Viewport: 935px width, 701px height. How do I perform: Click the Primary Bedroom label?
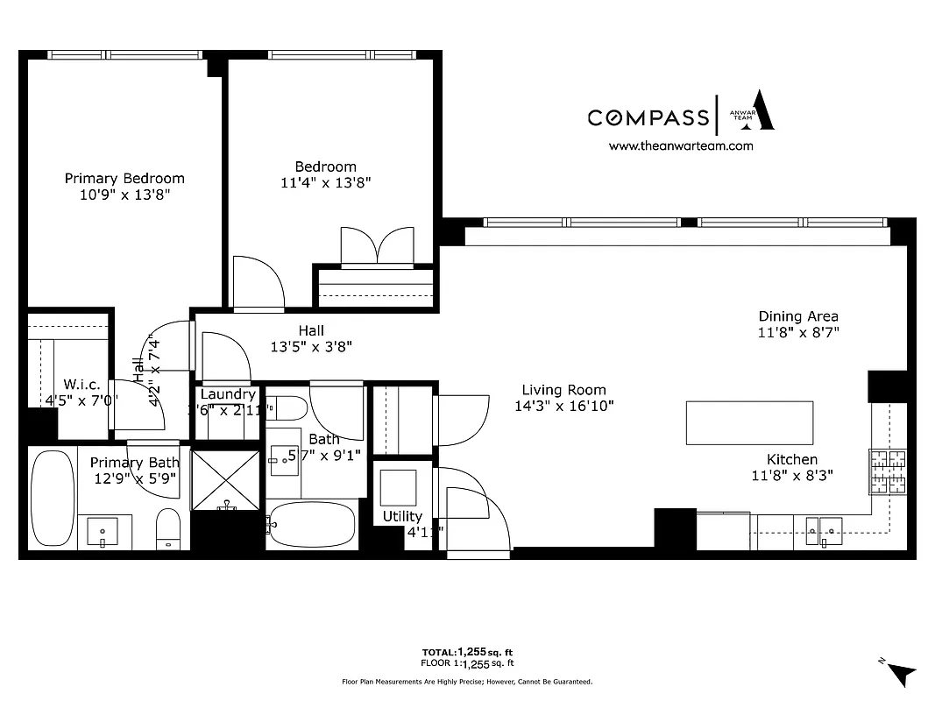click(124, 178)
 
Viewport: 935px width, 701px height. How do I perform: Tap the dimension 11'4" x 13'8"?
click(325, 183)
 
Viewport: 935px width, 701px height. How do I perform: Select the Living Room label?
click(563, 390)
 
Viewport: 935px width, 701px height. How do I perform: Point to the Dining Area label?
click(797, 316)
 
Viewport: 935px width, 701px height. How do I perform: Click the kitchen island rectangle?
click(748, 422)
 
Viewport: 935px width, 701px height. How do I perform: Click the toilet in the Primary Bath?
click(167, 529)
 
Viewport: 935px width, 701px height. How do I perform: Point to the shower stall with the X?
click(225, 481)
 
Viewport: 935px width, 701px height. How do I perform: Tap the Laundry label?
click(228, 394)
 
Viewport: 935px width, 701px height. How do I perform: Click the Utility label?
click(402, 516)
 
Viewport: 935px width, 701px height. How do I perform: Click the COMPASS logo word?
click(648, 117)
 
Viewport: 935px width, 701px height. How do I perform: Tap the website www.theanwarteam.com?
click(680, 146)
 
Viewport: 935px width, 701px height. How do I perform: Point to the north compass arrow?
click(899, 672)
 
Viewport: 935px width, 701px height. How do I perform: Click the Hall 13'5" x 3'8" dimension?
click(311, 346)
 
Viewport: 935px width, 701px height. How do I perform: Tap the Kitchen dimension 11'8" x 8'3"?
click(792, 476)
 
